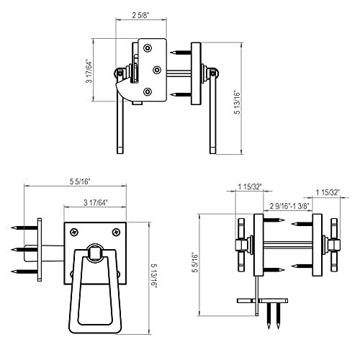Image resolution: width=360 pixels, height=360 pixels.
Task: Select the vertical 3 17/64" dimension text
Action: point(89,70)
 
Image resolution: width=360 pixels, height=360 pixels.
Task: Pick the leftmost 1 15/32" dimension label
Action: point(248,186)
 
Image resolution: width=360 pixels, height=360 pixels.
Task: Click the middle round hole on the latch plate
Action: point(157,70)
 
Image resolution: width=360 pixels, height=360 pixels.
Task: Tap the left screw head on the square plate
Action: point(74,232)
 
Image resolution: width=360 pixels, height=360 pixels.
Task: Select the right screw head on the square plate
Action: point(116,232)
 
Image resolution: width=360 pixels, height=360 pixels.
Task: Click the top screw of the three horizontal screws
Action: point(24,229)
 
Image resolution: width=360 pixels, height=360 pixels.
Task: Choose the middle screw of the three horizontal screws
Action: point(24,250)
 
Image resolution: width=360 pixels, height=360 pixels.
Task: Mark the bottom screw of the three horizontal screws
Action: point(24,271)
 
